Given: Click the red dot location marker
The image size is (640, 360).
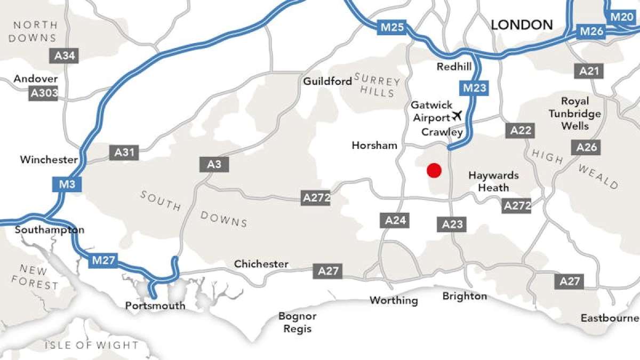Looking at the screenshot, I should point(434,171).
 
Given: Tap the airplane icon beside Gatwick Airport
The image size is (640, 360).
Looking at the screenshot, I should point(457,115).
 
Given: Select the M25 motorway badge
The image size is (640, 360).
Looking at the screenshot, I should point(392,27).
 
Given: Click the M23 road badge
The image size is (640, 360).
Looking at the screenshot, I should point(474,88).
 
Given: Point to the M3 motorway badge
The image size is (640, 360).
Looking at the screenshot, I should point(67,185).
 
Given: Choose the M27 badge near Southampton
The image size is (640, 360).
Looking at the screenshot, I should point(103,261).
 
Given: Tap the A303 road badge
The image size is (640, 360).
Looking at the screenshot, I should point(44,94).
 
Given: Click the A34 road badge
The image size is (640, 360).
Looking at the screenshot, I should point(65,55).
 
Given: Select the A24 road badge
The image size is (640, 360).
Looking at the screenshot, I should point(396,220).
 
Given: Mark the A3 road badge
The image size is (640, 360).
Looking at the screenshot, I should point(214,164).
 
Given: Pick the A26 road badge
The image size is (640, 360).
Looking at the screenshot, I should point(587,147).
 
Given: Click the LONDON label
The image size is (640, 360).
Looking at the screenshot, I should point(522,25).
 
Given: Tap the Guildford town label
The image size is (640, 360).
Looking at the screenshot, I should point(327,81).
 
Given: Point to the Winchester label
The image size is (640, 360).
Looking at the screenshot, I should point(49,159).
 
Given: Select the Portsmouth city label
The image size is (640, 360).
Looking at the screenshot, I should point(155,306).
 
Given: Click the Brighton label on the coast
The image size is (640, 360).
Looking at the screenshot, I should point(465,296).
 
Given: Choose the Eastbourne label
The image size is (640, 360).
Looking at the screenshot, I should point(610,318).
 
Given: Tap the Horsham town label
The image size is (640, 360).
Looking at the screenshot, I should point(374,146).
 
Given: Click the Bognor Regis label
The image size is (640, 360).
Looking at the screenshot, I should point(298,322).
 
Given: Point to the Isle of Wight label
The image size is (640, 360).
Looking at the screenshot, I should point(91,345).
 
